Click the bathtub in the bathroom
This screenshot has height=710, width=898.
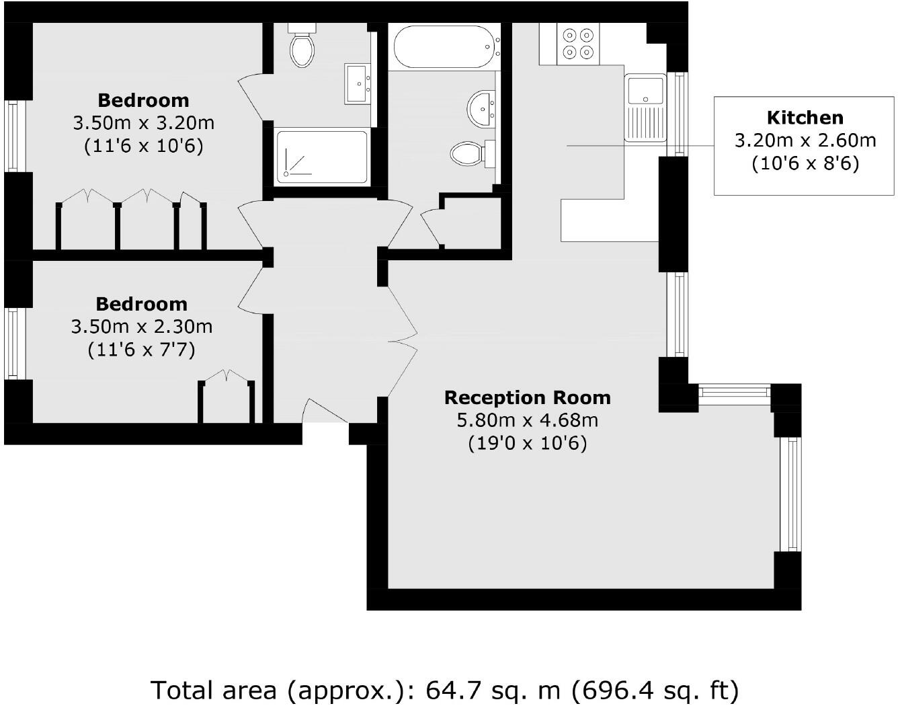click(444, 47)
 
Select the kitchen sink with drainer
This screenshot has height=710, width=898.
click(645, 108)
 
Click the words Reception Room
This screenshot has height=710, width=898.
click(527, 397)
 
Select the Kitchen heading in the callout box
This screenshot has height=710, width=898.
click(805, 118)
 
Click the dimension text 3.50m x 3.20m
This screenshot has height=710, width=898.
click(143, 123)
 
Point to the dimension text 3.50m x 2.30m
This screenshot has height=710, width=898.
click(141, 327)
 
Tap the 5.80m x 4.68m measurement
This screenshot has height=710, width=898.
click(527, 421)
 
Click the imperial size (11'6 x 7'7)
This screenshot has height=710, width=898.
click(141, 350)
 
